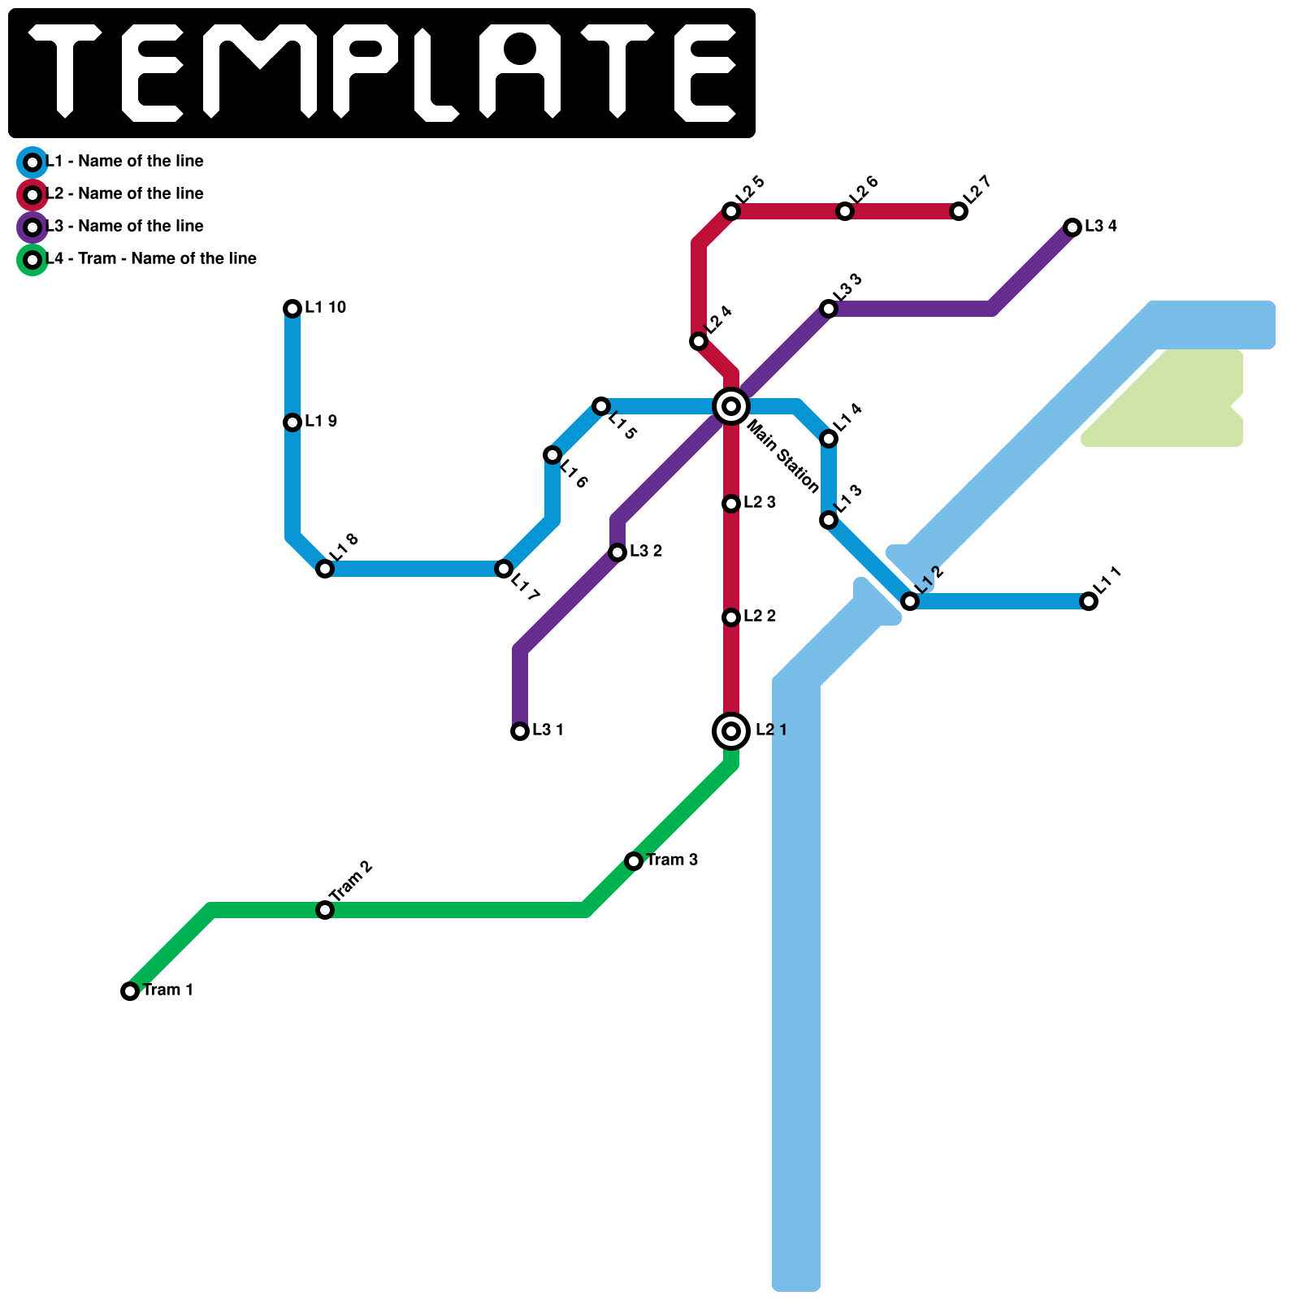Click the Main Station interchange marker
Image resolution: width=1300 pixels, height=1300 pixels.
[731, 405]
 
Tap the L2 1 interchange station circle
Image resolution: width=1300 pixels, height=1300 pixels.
[731, 731]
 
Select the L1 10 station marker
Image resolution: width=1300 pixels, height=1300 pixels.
[292, 308]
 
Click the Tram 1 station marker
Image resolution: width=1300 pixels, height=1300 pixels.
[130, 990]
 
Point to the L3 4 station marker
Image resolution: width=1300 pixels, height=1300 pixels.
[1072, 227]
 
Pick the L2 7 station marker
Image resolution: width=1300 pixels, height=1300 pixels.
[959, 211]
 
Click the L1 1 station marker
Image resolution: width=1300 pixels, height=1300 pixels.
[1089, 601]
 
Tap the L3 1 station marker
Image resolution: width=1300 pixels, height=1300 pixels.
[520, 731]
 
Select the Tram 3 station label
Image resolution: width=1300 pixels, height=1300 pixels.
[672, 860]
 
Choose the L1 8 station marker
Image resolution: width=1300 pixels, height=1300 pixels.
[325, 569]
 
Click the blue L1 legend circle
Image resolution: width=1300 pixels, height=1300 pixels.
[32, 162]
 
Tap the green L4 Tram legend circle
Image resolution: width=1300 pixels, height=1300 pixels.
[32, 260]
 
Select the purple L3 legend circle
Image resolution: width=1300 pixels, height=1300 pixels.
[32, 227]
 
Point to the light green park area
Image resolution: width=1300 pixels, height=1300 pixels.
[1178, 402]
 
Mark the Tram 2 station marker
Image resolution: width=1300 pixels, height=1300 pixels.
[325, 910]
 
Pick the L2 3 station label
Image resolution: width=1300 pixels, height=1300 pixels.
[759, 502]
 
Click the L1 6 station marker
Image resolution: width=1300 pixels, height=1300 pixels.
[552, 455]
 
